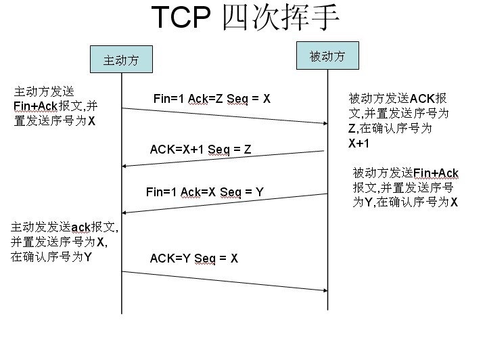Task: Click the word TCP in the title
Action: pos(181,18)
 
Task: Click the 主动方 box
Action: pos(121,60)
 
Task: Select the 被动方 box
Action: pos(327,56)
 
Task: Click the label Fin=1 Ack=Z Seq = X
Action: pos(212,99)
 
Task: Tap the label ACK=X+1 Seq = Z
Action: pos(200,150)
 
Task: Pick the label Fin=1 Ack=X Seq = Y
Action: pos(204,192)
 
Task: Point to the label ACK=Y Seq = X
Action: pos(194,258)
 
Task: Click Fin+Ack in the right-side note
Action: pos(436,173)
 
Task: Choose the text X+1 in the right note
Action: pos(359,143)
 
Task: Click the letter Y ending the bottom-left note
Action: pos(88,257)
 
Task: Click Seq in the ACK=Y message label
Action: pos(205,258)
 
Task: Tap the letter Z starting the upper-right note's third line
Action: pos(352,129)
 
